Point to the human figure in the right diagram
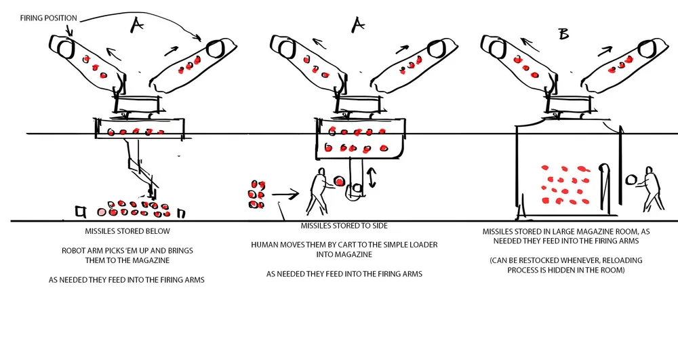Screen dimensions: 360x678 651,188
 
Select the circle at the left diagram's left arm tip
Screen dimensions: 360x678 66,48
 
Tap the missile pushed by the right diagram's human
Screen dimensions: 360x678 631,180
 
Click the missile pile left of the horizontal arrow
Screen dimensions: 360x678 256,194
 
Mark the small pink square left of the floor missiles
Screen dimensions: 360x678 82,213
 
